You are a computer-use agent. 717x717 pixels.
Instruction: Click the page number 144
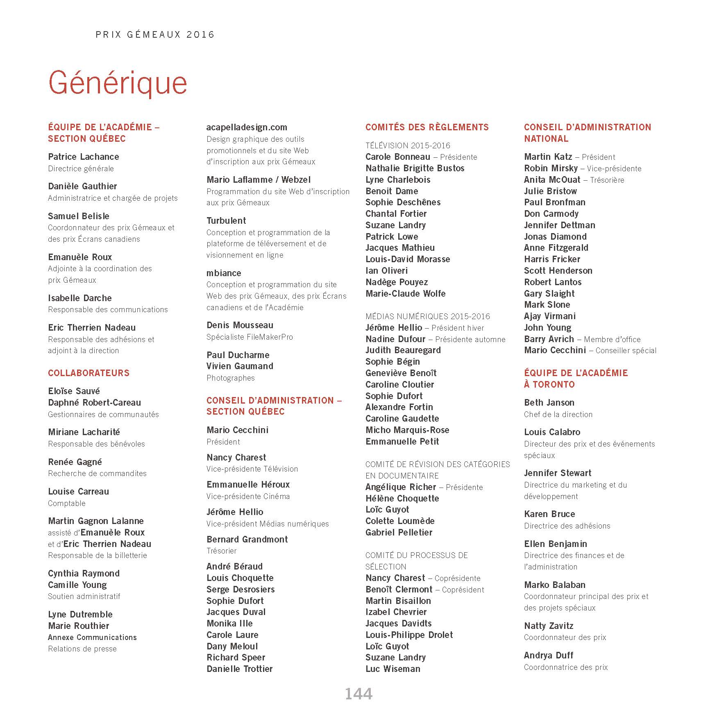358,694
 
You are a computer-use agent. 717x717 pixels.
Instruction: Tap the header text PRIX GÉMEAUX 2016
155,35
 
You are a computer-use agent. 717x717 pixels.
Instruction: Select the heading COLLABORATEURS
88,373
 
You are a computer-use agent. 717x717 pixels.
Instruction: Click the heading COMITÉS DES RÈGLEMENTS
427,127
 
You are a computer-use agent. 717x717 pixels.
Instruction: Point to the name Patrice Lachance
84,157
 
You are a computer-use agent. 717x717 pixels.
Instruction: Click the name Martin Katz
548,157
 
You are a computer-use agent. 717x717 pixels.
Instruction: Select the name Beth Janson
549,403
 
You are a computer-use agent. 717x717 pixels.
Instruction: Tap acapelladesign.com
247,127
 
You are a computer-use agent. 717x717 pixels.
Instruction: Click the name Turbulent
226,221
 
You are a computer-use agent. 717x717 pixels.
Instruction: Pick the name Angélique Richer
400,487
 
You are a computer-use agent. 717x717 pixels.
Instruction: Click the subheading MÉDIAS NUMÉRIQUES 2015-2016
427,316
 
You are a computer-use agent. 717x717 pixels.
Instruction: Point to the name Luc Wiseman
393,669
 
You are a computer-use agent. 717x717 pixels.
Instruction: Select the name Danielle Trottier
239,669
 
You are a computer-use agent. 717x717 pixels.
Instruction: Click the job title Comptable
67,503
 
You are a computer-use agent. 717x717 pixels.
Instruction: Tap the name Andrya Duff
548,656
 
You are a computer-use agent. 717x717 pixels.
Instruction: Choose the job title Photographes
230,378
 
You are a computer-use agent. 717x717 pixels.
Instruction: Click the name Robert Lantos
553,282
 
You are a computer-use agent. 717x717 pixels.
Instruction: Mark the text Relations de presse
82,649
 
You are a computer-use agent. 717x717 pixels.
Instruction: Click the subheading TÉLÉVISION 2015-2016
408,145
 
